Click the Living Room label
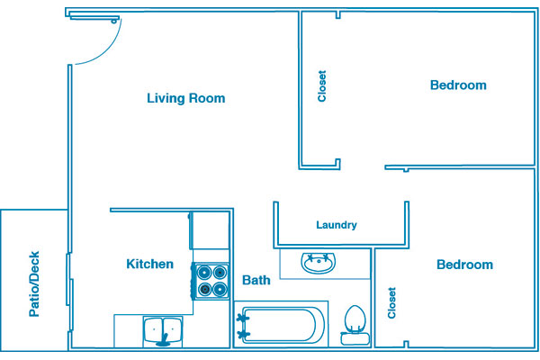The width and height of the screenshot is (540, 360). pyautogui.click(x=186, y=98)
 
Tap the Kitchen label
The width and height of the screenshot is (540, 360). pyautogui.click(x=149, y=265)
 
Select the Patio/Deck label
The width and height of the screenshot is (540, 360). pyautogui.click(x=34, y=283)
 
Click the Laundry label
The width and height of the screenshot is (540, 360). pyautogui.click(x=337, y=225)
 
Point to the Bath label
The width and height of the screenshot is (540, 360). pyautogui.click(x=256, y=280)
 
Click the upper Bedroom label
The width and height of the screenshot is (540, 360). pyautogui.click(x=458, y=85)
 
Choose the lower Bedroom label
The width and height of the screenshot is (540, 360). pyautogui.click(x=465, y=265)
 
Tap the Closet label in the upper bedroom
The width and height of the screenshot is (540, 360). pyautogui.click(x=322, y=86)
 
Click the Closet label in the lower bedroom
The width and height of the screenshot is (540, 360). pyautogui.click(x=391, y=302)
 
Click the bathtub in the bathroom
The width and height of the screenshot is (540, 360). pyautogui.click(x=281, y=325)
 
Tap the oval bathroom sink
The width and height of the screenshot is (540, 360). pyautogui.click(x=319, y=263)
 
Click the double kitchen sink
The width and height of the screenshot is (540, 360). pyautogui.click(x=163, y=331)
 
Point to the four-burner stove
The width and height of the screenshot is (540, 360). pyautogui.click(x=211, y=281)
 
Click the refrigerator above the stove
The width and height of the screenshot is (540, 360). pyautogui.click(x=210, y=230)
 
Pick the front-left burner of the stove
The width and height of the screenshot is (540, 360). pyautogui.click(x=205, y=289)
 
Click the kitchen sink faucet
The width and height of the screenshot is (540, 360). pyautogui.click(x=163, y=341)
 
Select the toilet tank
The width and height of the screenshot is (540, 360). pyautogui.click(x=355, y=338)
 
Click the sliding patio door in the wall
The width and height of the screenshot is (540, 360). pyautogui.click(x=70, y=292)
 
